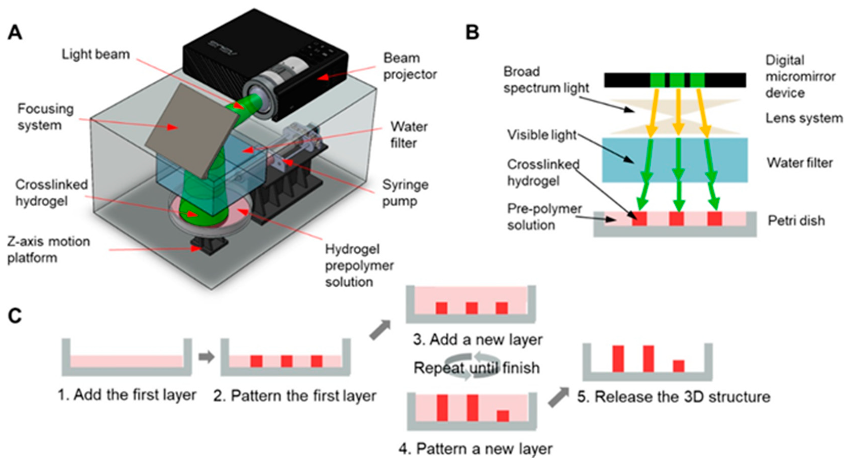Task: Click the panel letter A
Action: [x=15, y=33]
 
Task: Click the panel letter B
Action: [x=472, y=33]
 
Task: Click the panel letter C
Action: [x=15, y=316]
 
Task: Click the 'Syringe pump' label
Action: [x=405, y=193]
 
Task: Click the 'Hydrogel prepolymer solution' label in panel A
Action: [x=359, y=265]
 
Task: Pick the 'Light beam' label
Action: [x=96, y=54]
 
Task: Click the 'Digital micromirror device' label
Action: [x=800, y=77]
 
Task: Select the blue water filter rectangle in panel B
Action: [x=675, y=160]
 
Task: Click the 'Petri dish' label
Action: [x=796, y=221]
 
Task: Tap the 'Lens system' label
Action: [x=804, y=118]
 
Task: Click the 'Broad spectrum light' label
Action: [x=546, y=80]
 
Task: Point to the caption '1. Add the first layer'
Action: [x=127, y=395]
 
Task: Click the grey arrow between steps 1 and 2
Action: [x=207, y=357]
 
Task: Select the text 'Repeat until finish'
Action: [x=476, y=368]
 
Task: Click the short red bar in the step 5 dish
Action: [x=679, y=366]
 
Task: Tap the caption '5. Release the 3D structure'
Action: [x=674, y=397]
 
